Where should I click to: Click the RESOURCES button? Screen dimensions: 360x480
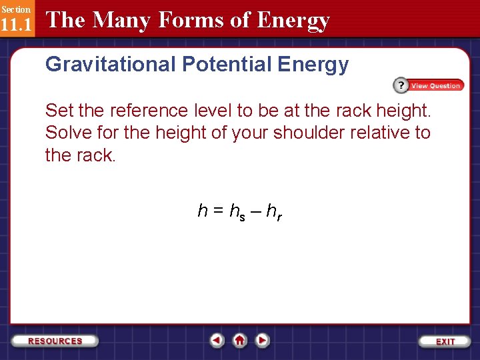tap(55, 341)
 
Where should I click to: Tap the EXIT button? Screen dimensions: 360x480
tap(445, 341)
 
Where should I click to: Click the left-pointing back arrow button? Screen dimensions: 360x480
tap(217, 340)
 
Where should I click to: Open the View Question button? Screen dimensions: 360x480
tap(435, 85)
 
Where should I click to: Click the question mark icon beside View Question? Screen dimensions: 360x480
tap(400, 85)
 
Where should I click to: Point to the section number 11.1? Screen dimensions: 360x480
tap(15, 25)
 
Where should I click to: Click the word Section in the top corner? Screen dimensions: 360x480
tap(15, 9)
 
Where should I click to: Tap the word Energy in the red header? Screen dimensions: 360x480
tap(294, 21)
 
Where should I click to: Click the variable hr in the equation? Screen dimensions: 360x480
tap(274, 212)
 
